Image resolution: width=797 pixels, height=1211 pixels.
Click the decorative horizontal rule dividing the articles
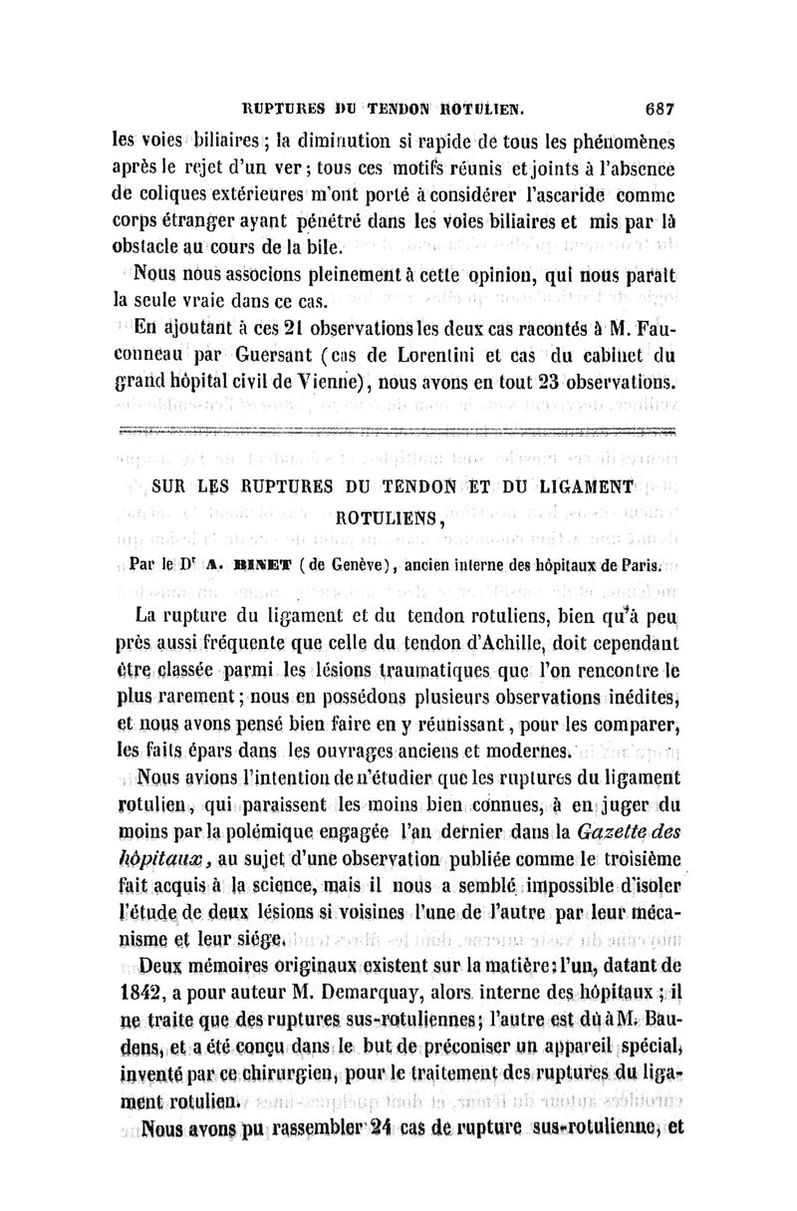pos(398,432)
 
